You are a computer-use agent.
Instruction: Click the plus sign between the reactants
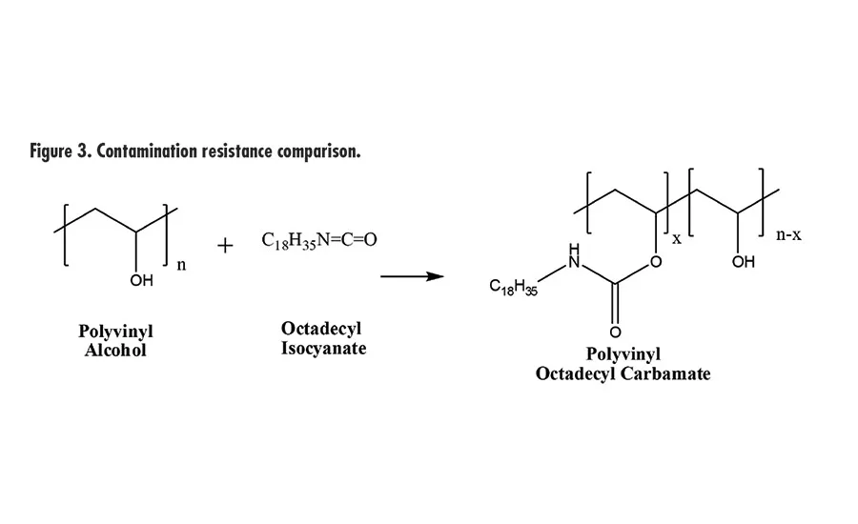225,246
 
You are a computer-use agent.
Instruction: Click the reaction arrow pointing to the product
411,276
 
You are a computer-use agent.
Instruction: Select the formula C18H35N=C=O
318,240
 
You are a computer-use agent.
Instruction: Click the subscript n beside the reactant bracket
181,265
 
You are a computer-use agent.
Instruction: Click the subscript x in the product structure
677,238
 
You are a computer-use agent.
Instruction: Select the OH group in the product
743,261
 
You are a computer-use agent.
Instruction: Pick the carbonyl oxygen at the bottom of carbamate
614,332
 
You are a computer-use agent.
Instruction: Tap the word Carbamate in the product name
661,373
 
